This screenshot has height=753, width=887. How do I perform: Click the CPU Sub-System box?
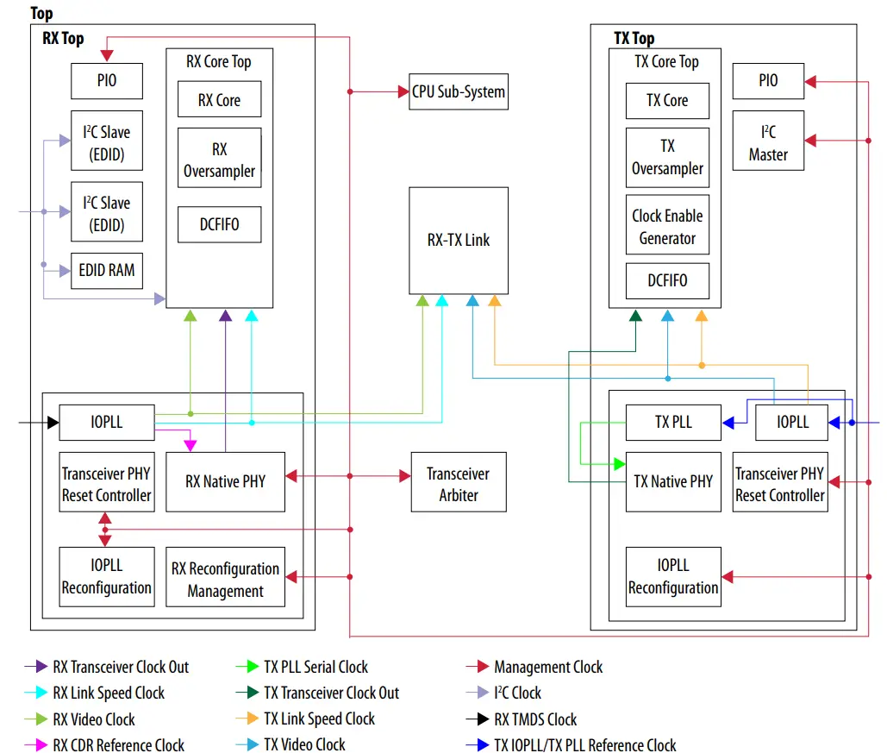pos(458,91)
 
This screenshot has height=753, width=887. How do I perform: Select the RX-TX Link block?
pos(458,240)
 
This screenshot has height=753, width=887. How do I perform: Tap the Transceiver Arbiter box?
pos(458,484)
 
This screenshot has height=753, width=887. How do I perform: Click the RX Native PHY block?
pos(225,481)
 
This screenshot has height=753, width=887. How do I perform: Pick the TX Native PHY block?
pos(672,481)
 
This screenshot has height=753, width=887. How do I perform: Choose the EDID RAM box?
pos(107,270)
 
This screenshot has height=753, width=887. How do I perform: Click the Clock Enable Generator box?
pos(667,227)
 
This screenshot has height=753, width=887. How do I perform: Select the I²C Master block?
pos(767,143)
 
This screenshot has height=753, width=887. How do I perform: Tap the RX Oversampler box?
pos(219,160)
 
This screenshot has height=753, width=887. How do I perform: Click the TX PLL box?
pos(672,422)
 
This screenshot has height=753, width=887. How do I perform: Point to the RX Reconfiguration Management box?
pos(225,580)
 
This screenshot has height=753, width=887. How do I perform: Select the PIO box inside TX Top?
pos(767,81)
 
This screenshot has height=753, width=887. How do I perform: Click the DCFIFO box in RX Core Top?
pos(219,224)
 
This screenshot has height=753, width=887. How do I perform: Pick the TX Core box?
pos(667,100)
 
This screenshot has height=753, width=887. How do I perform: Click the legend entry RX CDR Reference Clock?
pos(118,745)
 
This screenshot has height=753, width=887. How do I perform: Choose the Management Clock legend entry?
pos(547,667)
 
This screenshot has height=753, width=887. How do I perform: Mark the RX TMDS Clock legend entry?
pos(535,718)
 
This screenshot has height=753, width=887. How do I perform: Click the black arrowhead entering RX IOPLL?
pos(53,423)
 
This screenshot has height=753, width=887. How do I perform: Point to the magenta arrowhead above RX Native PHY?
pos(191,445)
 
